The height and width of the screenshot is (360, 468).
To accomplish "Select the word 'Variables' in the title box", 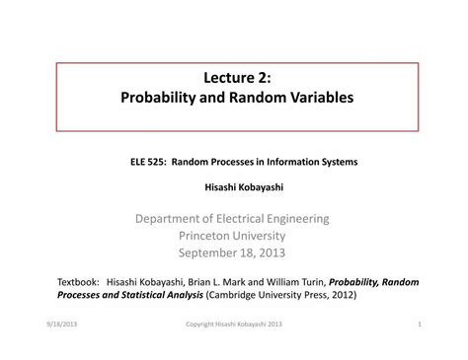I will click(316, 100).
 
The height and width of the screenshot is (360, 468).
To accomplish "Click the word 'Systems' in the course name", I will click(337, 162).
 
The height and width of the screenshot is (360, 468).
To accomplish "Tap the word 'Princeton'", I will click(206, 236).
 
